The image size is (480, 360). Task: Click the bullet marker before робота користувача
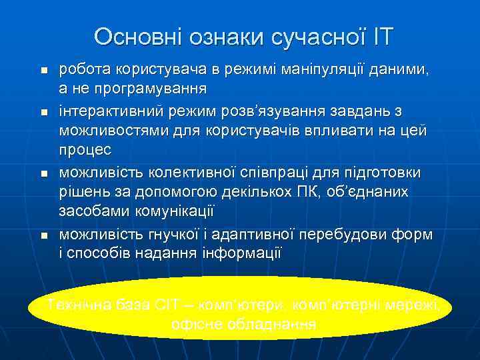point(43,70)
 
